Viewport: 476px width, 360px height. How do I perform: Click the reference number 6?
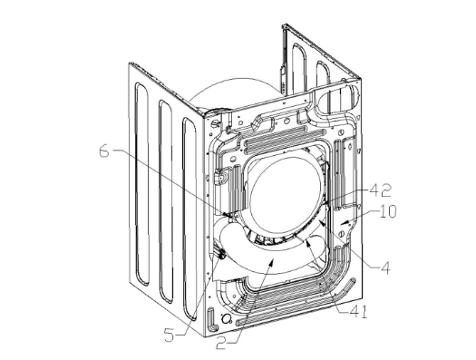point(104,152)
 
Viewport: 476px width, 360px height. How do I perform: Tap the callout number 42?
point(380,190)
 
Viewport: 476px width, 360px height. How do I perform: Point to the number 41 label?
point(356,312)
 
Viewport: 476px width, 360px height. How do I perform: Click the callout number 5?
point(170,336)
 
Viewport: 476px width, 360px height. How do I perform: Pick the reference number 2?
point(221,343)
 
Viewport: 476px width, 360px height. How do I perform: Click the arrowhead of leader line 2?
point(272,261)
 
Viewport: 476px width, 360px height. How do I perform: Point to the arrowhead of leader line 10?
point(343,223)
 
